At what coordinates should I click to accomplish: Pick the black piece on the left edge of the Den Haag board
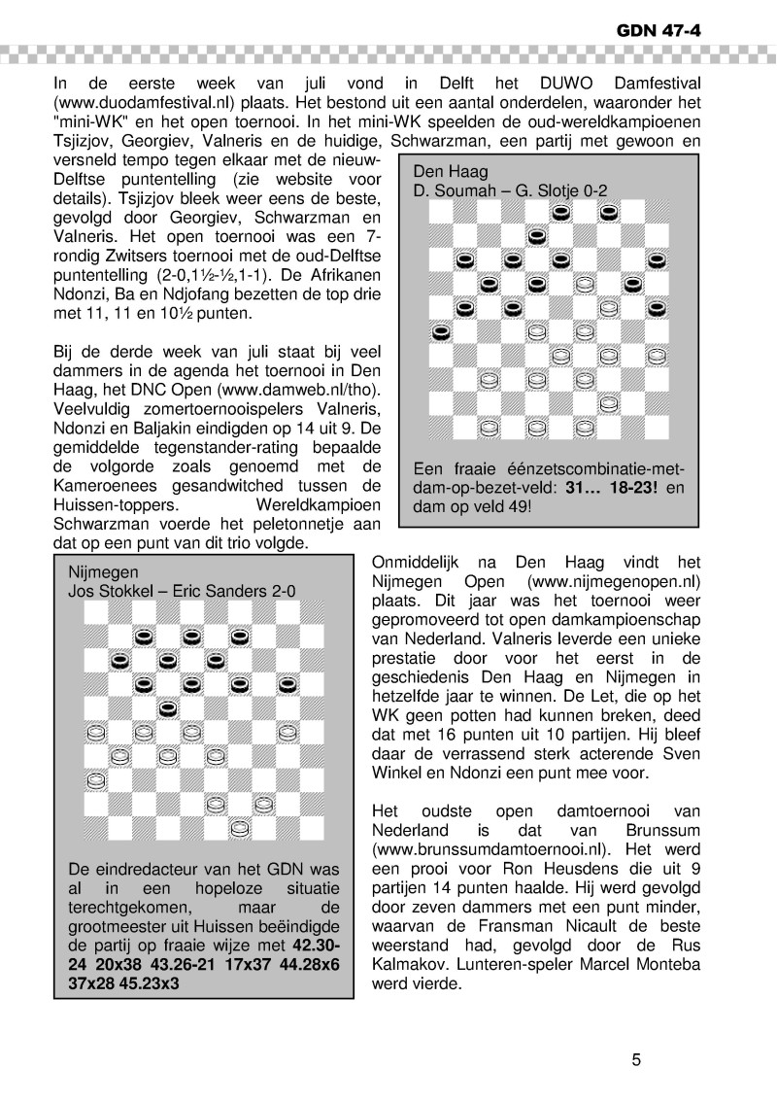441,332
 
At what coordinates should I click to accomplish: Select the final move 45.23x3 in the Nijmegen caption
189,981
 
